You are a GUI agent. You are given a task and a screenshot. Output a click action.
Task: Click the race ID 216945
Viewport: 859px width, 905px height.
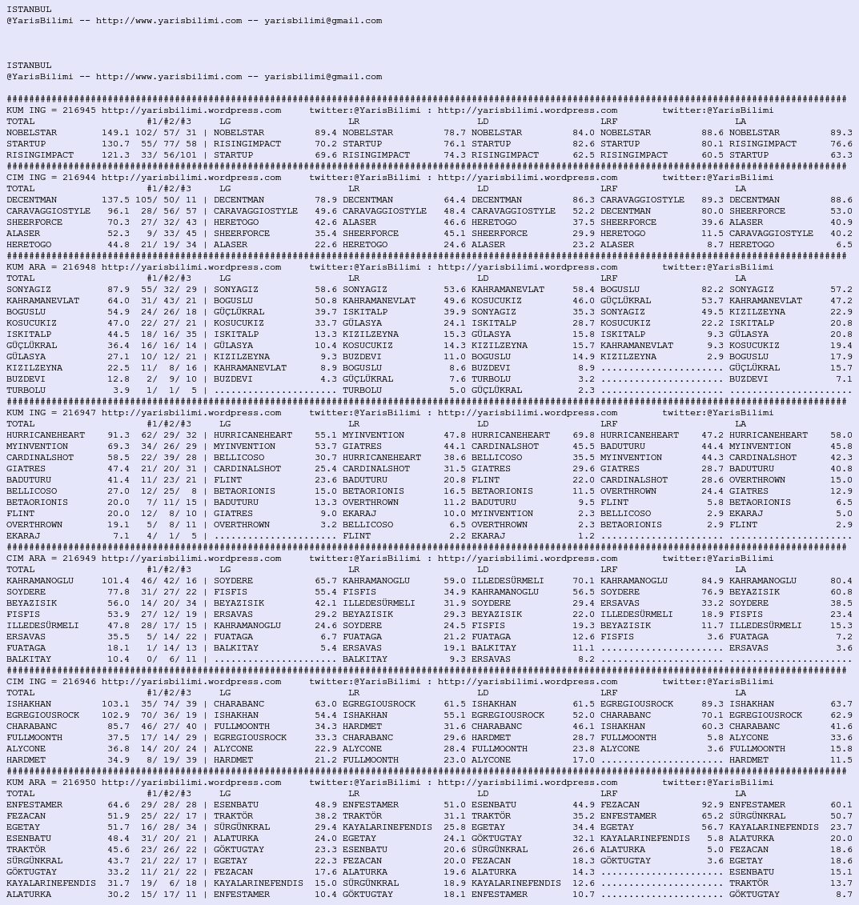pos(78,110)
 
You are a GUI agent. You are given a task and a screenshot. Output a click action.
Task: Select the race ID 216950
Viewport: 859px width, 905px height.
pos(78,783)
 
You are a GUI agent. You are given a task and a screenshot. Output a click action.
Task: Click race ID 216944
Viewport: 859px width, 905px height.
pos(78,178)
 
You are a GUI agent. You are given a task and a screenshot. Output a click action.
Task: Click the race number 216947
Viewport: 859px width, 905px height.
pos(78,413)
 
